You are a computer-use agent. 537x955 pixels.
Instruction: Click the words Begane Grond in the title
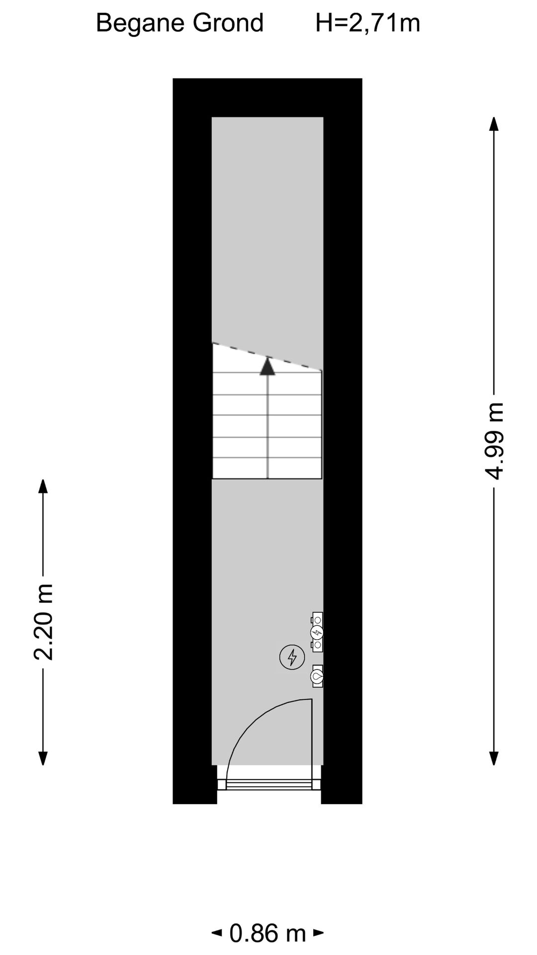[x=179, y=23]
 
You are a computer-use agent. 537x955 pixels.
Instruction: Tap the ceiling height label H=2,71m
[x=368, y=23]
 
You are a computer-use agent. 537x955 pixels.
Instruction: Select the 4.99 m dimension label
[x=495, y=441]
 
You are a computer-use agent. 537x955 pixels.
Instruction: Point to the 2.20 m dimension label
[x=44, y=622]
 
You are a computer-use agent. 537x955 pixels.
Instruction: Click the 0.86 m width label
[x=268, y=933]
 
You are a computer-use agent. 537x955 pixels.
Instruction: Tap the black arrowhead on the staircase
[x=268, y=367]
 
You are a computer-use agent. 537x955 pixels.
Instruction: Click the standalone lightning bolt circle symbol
[x=292, y=657]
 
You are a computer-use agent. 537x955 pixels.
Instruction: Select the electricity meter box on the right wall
[x=317, y=632]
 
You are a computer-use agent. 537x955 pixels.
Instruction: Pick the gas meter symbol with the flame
[x=317, y=676]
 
